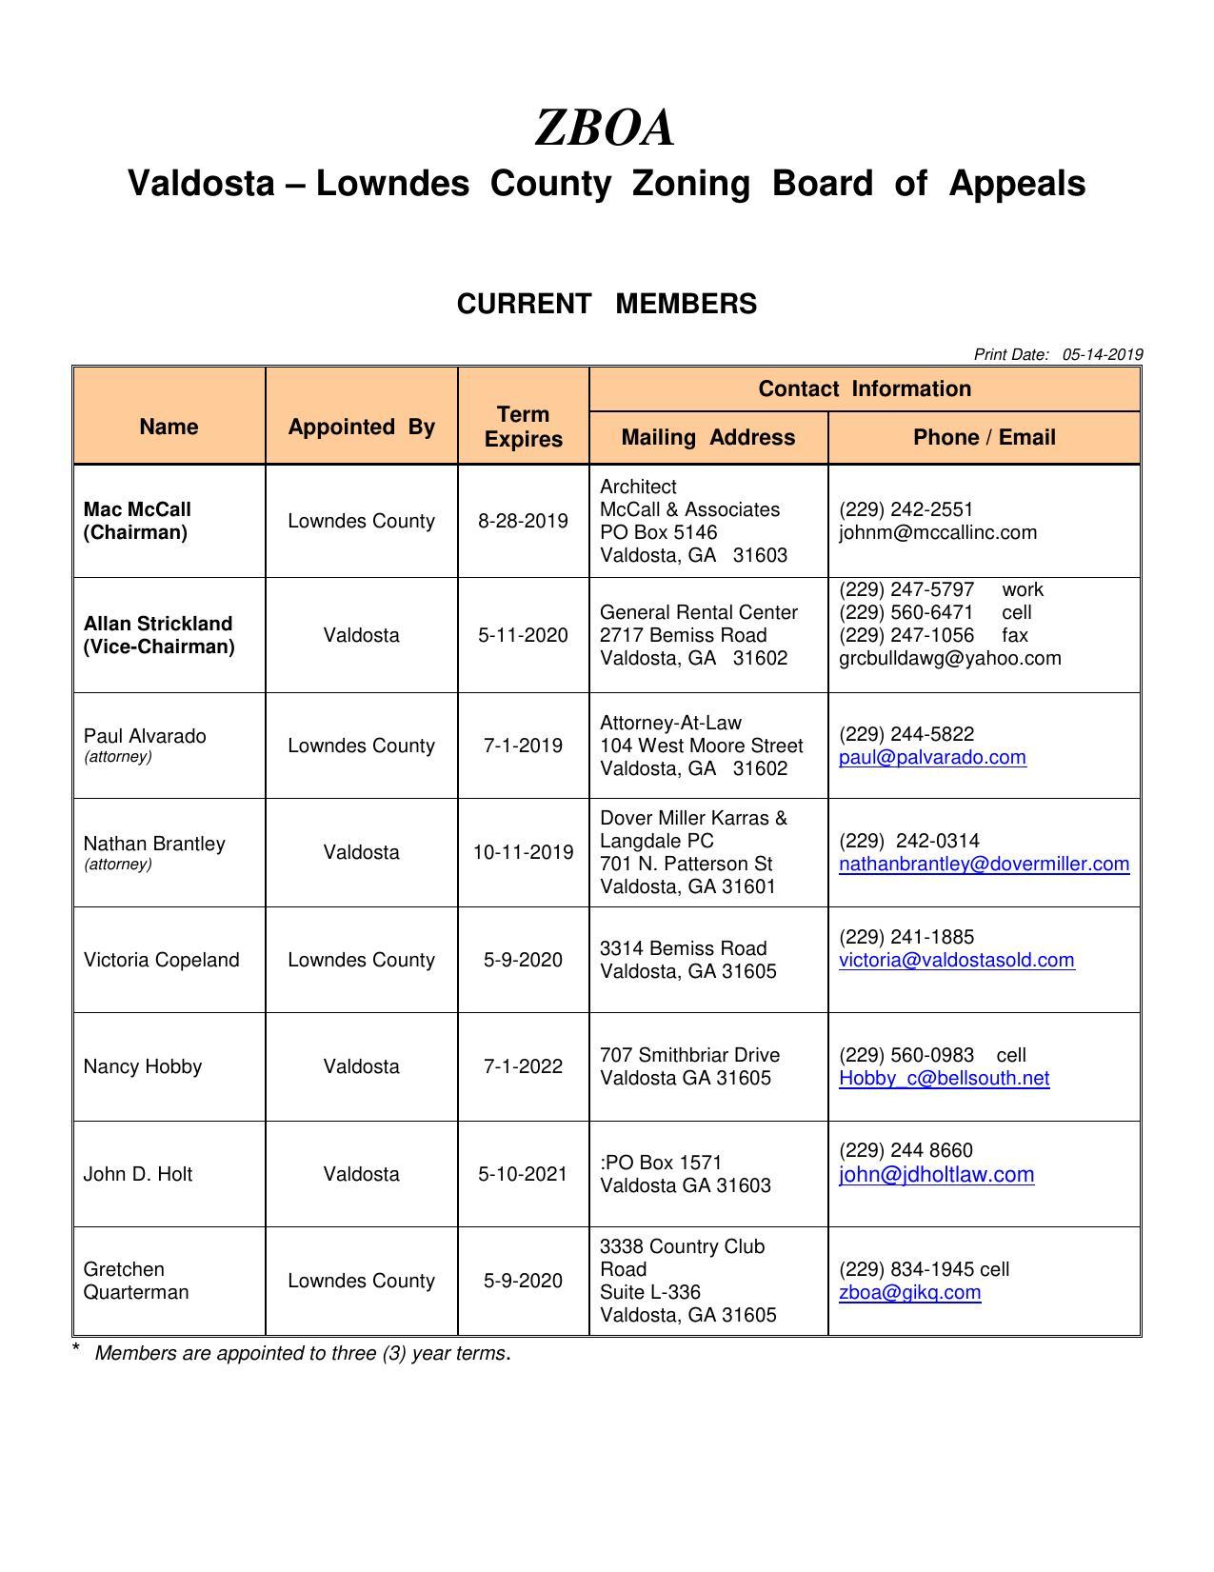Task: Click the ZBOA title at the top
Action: pyautogui.click(x=606, y=128)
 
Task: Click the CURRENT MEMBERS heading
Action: pyautogui.click(x=607, y=304)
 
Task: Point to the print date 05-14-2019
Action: pyautogui.click(x=1102, y=354)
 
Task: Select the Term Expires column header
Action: pyautogui.click(x=524, y=427)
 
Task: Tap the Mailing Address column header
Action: pyautogui.click(x=707, y=437)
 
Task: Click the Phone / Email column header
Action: pyautogui.click(x=984, y=437)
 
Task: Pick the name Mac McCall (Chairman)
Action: pyautogui.click(x=137, y=521)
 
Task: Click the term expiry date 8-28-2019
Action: pyautogui.click(x=524, y=521)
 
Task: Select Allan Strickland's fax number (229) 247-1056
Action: pyautogui.click(x=906, y=635)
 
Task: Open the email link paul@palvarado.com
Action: pyautogui.click(x=932, y=758)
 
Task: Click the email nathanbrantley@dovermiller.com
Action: pyautogui.click(x=984, y=865)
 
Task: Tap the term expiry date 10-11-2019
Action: pyautogui.click(x=524, y=852)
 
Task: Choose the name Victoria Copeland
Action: pyautogui.click(x=161, y=960)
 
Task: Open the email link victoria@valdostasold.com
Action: pyautogui.click(x=956, y=961)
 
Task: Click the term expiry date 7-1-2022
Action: pyautogui.click(x=524, y=1066)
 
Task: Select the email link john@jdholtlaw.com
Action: pyautogui.click(x=936, y=1175)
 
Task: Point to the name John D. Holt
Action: pyautogui.click(x=138, y=1174)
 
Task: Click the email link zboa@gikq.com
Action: pyautogui.click(x=909, y=1293)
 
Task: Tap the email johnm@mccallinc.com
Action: pyautogui.click(x=937, y=533)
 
